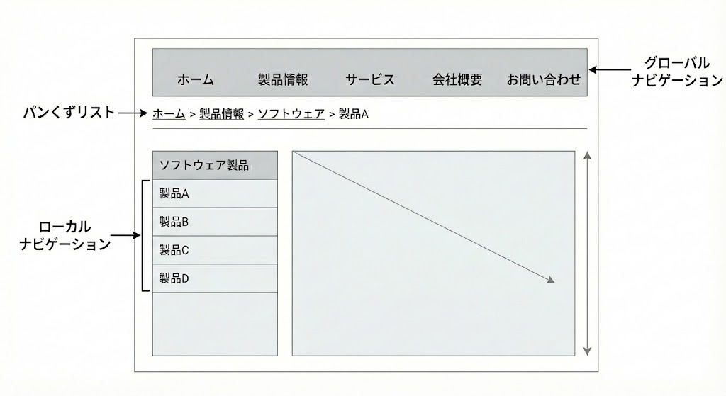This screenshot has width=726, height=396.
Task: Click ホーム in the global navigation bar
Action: pos(195,80)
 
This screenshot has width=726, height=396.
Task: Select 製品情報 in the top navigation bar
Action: pos(283,80)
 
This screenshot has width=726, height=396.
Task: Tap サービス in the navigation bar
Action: pos(370,80)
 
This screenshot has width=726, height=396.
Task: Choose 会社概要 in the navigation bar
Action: pos(457,80)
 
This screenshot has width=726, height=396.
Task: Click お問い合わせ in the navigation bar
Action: pos(543,80)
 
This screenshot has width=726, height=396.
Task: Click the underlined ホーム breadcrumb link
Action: pos(169,113)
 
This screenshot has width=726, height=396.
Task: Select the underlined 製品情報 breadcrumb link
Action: pos(222,113)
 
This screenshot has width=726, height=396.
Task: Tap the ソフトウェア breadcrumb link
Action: pos(291,113)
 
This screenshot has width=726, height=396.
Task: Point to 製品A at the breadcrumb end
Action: pos(354,113)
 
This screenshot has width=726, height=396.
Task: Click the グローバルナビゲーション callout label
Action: pos(676,71)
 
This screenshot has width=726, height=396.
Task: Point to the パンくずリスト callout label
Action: pos(69,112)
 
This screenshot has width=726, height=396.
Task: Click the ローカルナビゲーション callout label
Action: pos(65,236)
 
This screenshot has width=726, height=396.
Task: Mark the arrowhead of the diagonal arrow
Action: pos(551,281)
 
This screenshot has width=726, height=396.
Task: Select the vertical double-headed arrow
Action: pos(587,253)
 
